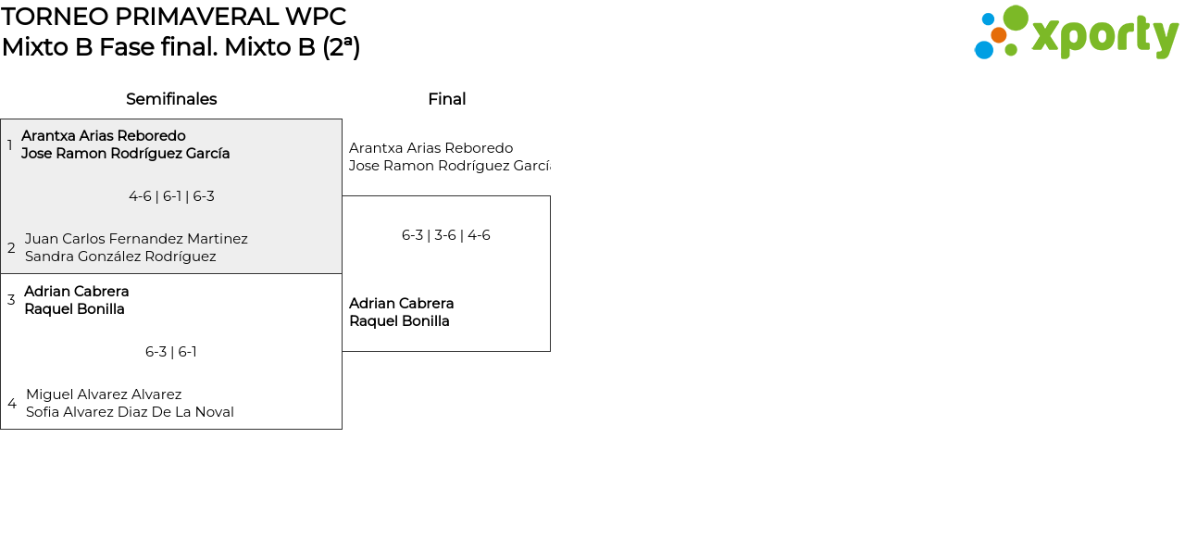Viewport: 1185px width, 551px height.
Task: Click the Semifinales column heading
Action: click(x=171, y=99)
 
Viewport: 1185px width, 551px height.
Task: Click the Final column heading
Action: click(x=446, y=99)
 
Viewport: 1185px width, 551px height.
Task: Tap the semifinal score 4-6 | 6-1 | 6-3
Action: click(x=171, y=196)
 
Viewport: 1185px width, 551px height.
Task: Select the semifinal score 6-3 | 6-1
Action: click(x=171, y=352)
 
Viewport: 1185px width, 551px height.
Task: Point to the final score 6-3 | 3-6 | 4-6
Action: click(x=445, y=235)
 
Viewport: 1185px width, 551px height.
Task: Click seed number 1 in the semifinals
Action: click(x=9, y=145)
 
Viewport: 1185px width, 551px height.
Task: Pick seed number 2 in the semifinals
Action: click(x=11, y=248)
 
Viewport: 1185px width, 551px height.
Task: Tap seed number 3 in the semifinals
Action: click(x=11, y=300)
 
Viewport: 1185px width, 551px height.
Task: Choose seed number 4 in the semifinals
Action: click(x=11, y=404)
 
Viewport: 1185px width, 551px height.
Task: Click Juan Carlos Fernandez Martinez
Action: click(x=136, y=239)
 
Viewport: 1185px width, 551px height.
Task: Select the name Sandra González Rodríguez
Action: click(x=120, y=257)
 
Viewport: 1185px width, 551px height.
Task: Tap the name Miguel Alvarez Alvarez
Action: click(x=104, y=394)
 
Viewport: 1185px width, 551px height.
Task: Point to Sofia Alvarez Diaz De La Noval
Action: click(x=130, y=412)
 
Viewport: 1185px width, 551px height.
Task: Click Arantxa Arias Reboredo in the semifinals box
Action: click(x=104, y=136)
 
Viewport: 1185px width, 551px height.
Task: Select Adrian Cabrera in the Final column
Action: click(x=401, y=304)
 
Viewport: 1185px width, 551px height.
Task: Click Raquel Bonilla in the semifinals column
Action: click(x=74, y=309)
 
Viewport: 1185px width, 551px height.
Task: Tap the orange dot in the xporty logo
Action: click(x=998, y=35)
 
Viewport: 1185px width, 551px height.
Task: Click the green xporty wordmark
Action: click(x=1104, y=37)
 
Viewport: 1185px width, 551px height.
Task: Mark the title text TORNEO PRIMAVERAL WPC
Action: click(x=173, y=17)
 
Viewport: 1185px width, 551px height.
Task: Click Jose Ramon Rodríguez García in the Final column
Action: click(x=449, y=166)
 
